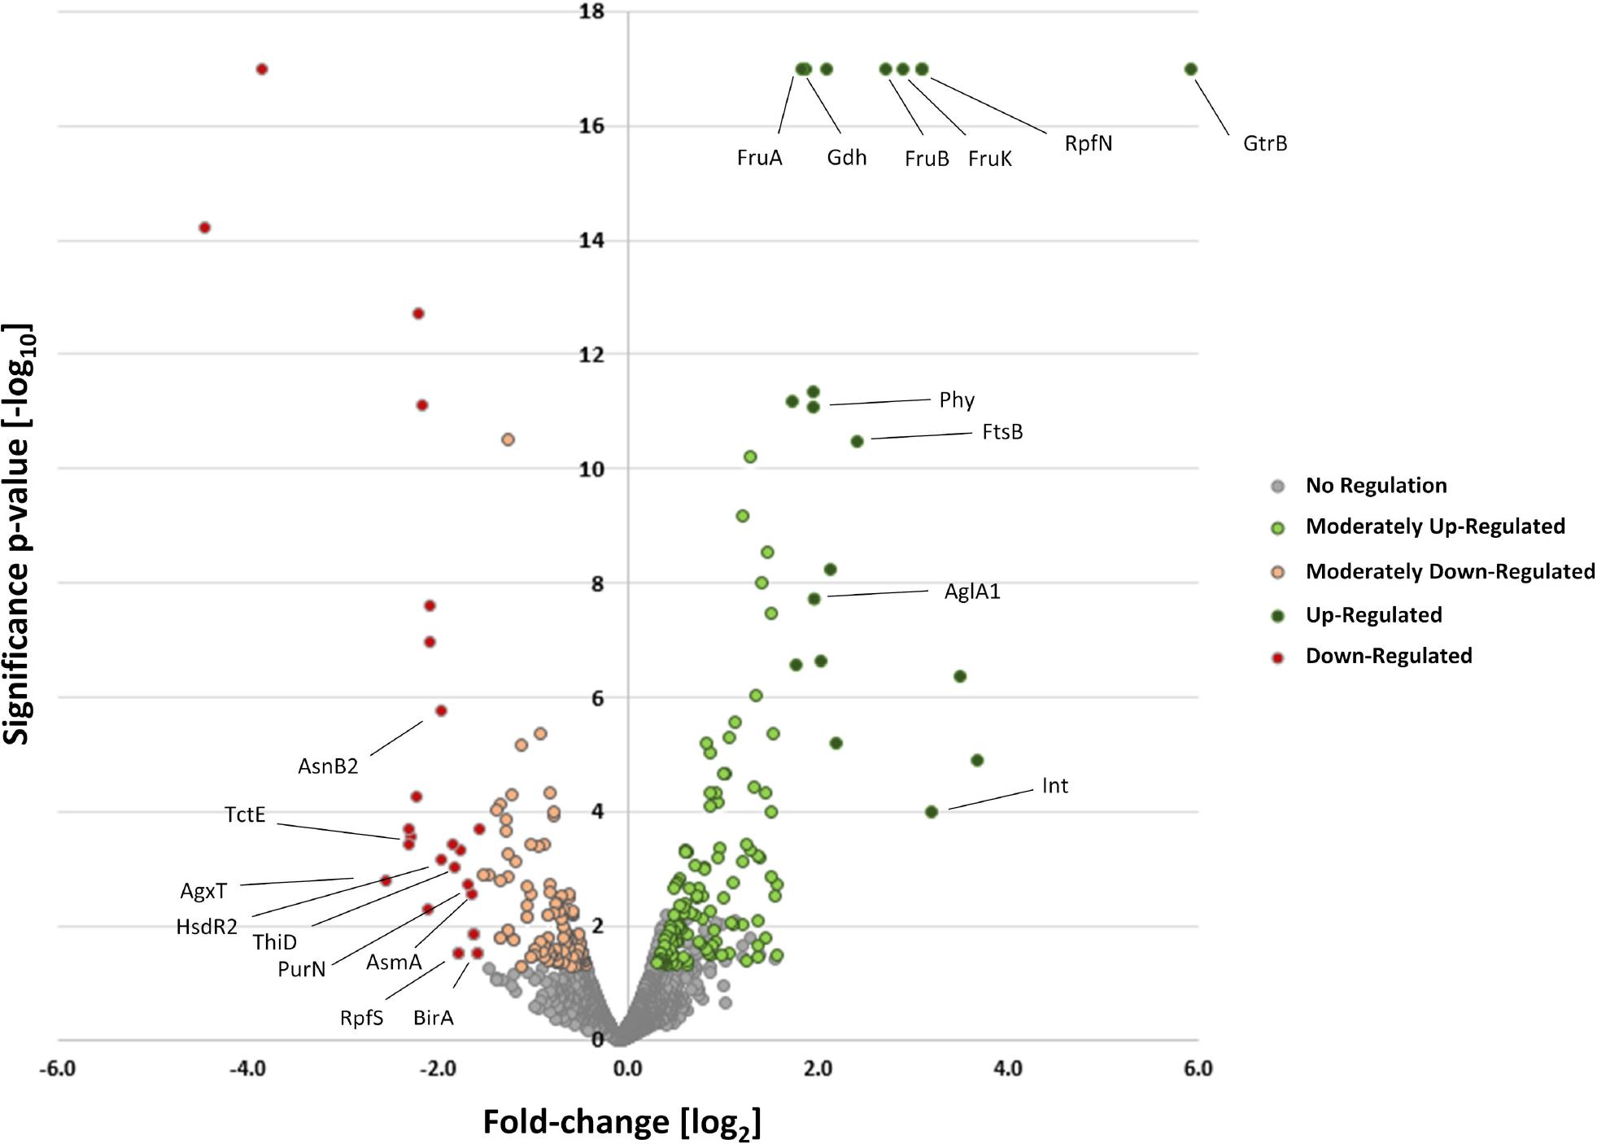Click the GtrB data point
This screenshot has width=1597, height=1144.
1190,69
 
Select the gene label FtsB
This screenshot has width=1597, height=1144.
1001,432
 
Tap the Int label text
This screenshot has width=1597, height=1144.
1054,786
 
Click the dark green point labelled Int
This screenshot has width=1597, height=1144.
932,811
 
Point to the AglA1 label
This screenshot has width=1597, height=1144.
971,592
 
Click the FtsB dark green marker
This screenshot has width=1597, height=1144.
857,441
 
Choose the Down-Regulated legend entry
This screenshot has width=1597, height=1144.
1388,656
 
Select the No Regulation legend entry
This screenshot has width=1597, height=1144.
1376,486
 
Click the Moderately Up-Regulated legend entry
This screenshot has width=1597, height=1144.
1434,526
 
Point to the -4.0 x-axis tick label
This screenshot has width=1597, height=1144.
247,1068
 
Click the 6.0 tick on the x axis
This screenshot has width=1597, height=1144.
1198,1068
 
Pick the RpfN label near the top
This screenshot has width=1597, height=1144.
1088,144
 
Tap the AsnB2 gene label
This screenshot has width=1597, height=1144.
327,766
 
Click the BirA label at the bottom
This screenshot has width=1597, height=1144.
433,1018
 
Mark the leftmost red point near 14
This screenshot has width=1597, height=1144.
205,228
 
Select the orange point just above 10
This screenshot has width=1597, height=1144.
508,439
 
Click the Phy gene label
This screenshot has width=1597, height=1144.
956,400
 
